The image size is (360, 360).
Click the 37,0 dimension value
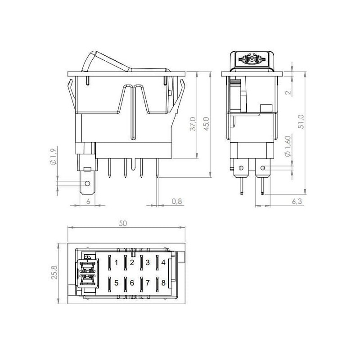pyautogui.click(x=193, y=124)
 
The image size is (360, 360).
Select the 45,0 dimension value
pyautogui.click(x=207, y=124)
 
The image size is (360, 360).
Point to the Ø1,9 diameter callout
pyautogui.click(x=53, y=157)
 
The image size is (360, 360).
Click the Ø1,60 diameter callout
pyautogui.click(x=288, y=146)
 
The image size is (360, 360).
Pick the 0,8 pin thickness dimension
pyautogui.click(x=177, y=201)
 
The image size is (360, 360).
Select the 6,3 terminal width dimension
pyautogui.click(x=297, y=201)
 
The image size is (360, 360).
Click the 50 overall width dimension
pyautogui.click(x=123, y=223)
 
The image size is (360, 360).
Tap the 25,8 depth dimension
pyautogui.click(x=54, y=272)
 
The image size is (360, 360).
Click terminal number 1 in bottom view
pyautogui.click(x=117, y=262)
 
